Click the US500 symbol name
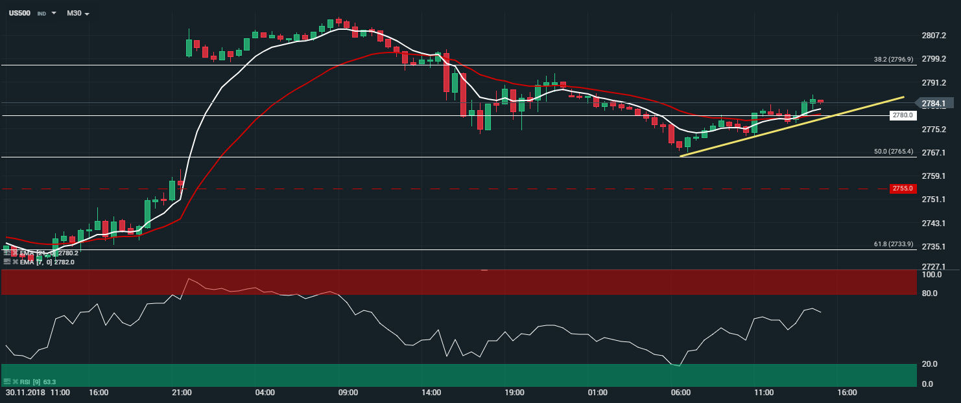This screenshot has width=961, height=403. [19, 12]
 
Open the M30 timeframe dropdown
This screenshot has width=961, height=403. [78, 13]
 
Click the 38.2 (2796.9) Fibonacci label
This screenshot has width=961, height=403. [894, 59]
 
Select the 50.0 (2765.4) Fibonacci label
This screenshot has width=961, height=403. [894, 152]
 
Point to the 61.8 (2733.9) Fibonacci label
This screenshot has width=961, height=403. [894, 244]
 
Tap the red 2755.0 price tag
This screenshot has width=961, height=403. [903, 189]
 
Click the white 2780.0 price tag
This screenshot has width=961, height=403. [903, 115]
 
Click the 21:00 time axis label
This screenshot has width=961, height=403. [182, 393]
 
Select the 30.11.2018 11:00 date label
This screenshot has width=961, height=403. [38, 393]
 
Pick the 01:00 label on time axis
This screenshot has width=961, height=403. [597, 393]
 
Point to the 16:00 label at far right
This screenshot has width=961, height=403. [847, 393]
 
